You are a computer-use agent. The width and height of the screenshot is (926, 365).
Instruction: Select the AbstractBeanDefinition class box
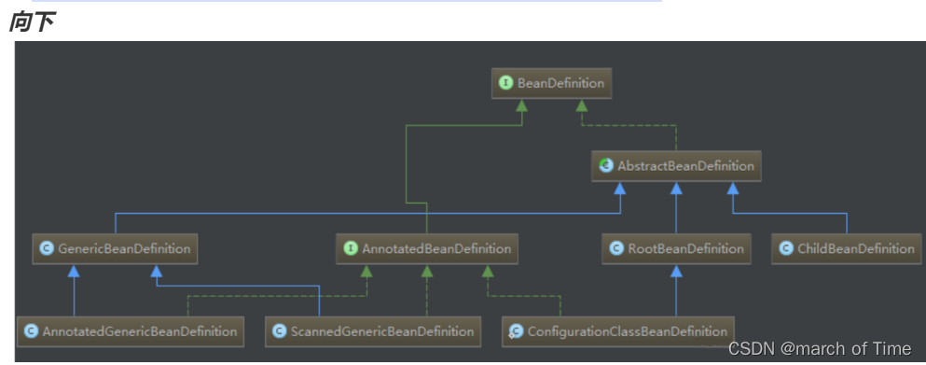675,165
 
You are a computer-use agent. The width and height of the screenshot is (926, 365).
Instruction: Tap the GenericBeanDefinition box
115,249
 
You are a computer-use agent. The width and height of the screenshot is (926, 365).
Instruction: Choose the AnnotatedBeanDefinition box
427,249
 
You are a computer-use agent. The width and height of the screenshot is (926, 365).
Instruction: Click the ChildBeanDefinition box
846,248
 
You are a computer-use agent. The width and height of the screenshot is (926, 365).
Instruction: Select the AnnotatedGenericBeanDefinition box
130,331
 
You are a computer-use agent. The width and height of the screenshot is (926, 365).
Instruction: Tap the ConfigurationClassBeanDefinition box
618,331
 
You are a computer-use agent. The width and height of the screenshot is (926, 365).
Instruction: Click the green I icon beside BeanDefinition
505,84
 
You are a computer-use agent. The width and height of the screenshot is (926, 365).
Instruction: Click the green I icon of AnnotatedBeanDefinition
351,249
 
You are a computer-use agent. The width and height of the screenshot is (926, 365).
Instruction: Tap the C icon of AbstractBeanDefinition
606,165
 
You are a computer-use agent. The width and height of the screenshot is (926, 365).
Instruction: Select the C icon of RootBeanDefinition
616,248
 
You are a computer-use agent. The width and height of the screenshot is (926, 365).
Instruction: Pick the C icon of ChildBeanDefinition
785,248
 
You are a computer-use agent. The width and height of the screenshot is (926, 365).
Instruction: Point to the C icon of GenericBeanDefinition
46,249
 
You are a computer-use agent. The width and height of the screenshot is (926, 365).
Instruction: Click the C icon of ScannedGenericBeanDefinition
280,331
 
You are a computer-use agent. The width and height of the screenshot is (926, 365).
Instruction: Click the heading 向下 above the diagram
31,22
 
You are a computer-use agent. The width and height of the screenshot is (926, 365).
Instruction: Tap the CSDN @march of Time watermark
820,349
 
